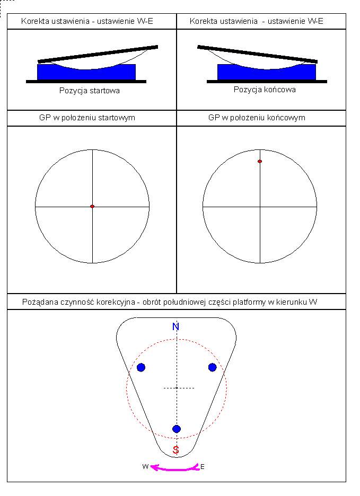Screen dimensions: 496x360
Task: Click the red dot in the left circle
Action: pyautogui.click(x=92, y=206)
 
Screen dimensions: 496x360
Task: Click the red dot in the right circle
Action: pyautogui.click(x=260, y=161)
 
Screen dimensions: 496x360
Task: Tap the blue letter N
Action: pyautogui.click(x=176, y=326)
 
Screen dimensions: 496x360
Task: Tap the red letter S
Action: pyautogui.click(x=176, y=450)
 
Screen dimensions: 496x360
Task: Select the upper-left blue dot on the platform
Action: pyautogui.click(x=141, y=367)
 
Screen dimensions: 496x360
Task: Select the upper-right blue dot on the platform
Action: pyautogui.click(x=212, y=367)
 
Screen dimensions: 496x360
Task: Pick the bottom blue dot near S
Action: pyautogui.click(x=177, y=429)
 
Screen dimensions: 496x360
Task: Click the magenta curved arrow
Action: pyautogui.click(x=175, y=468)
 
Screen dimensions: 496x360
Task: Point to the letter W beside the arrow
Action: pyautogui.click(x=145, y=466)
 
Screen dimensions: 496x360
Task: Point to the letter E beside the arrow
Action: pyautogui.click(x=203, y=466)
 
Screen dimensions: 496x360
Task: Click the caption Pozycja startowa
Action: pyautogui.click(x=90, y=91)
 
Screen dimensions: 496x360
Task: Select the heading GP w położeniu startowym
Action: pyautogui.click(x=91, y=118)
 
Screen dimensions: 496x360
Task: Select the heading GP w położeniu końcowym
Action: pyautogui.click(x=257, y=118)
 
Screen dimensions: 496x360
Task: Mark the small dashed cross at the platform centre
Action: pyautogui.click(x=177, y=388)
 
